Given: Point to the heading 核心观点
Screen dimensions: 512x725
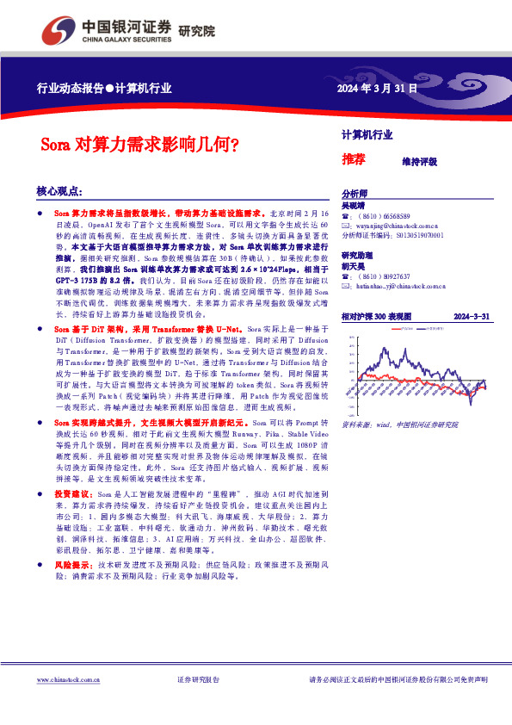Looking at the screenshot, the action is pyautogui.click(x=59, y=190).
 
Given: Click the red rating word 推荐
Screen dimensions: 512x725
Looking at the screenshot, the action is pyautogui.click(x=354, y=159).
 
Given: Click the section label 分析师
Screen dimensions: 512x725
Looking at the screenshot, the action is pyautogui.click(x=355, y=195).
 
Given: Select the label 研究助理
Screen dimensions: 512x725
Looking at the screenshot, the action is pyautogui.click(x=358, y=257).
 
